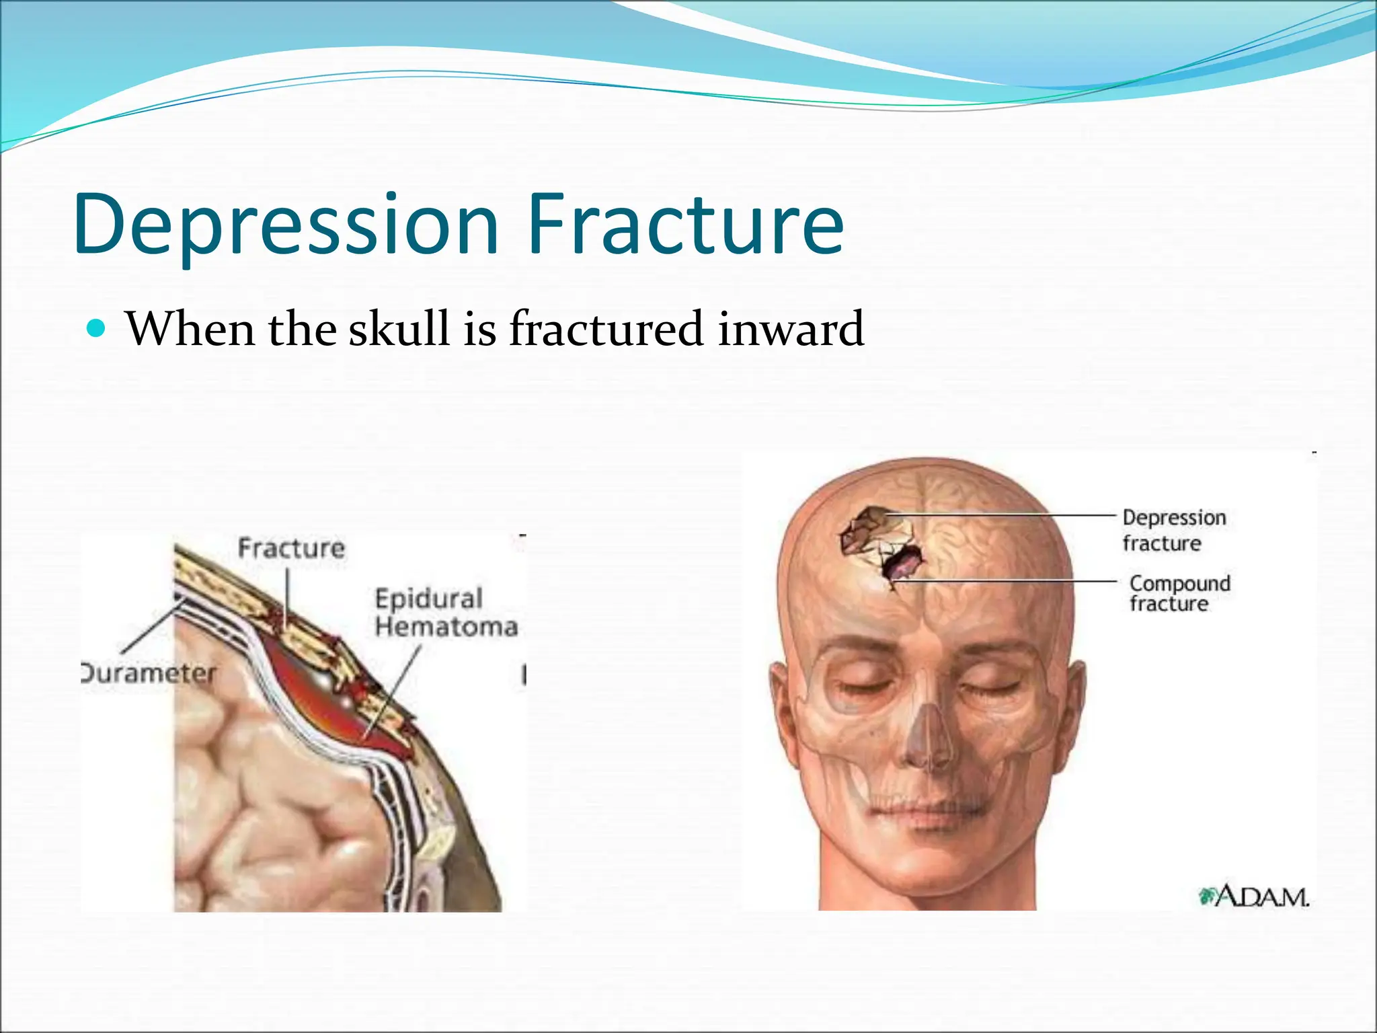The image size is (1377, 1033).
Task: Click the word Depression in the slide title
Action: (286, 225)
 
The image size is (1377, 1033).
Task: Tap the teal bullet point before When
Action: (97, 329)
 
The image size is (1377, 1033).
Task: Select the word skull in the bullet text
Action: (398, 329)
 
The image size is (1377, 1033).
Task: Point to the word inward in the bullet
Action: (790, 329)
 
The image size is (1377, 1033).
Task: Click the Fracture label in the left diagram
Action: (290, 548)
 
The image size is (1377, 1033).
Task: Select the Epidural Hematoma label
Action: (445, 612)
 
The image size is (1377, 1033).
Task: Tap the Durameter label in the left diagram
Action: (149, 673)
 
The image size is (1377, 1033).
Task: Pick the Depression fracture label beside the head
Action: (1173, 530)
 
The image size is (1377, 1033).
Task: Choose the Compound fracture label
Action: (1179, 593)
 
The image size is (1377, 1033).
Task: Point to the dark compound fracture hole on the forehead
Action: (902, 564)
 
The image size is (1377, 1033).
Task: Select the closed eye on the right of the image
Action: (990, 686)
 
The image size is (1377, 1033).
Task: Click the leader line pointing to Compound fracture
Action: (1009, 580)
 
